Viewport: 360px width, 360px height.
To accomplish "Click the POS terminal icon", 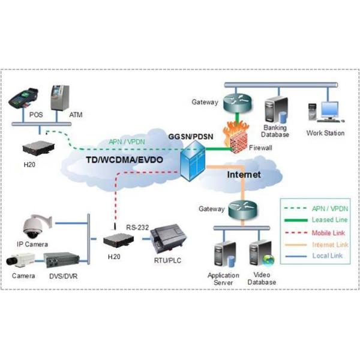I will coord(24,97).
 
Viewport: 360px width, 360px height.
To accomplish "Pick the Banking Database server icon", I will coord(275,108).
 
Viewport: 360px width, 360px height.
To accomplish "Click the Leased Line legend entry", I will coord(326,220).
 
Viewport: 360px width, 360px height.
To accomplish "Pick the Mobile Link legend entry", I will coord(326,233).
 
